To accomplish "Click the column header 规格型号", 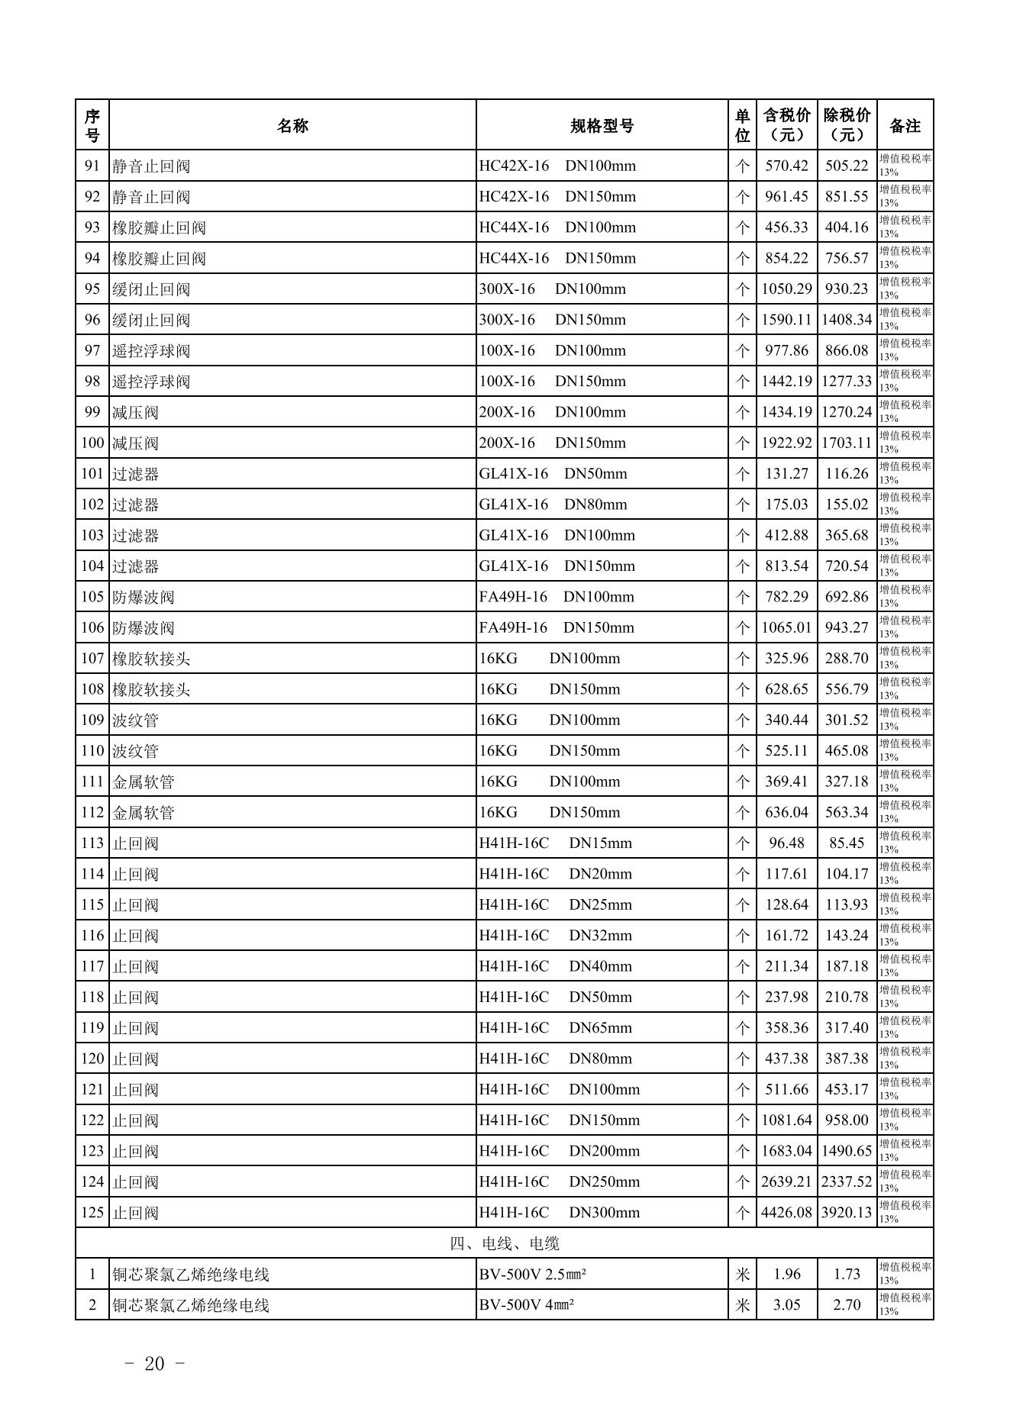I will (x=602, y=126).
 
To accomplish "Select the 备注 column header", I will (x=905, y=126).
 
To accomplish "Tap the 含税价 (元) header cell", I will (x=786, y=125).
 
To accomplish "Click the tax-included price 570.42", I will (x=786, y=166).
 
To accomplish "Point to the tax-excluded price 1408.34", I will (x=847, y=320).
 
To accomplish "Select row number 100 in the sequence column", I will (x=92, y=443).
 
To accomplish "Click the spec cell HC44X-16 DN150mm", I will (x=557, y=258).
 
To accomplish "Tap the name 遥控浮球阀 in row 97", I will (x=151, y=351).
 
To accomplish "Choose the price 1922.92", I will (x=786, y=443).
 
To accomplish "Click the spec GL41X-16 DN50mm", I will (x=553, y=474).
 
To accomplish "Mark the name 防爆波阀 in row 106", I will (x=144, y=628).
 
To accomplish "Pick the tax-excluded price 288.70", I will (x=847, y=658).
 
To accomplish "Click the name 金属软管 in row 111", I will (x=144, y=782).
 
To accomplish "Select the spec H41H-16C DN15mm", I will (x=555, y=843).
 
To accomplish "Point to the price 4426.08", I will (x=786, y=1213).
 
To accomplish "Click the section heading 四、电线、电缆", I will (x=505, y=1243).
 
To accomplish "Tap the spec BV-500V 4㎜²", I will (x=527, y=1305).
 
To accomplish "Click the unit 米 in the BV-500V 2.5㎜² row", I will (x=742, y=1275).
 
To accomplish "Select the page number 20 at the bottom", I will (x=154, y=1364).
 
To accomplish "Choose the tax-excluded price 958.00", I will (x=847, y=1120).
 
